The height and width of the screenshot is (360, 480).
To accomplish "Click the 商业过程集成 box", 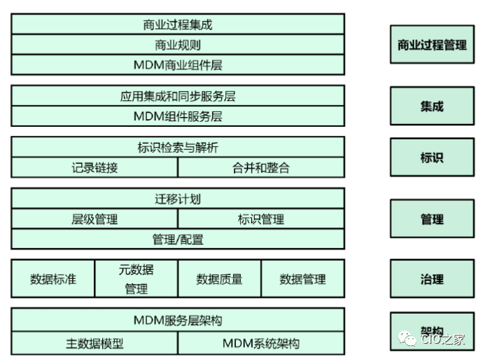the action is (x=178, y=25).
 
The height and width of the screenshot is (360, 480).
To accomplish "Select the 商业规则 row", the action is (x=178, y=44).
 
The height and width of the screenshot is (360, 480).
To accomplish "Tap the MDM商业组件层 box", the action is (x=178, y=64).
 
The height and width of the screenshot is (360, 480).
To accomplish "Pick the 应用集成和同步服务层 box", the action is (x=178, y=96).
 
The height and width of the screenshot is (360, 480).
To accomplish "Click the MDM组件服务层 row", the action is (x=178, y=116).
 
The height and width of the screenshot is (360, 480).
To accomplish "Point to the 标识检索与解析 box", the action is (x=178, y=147).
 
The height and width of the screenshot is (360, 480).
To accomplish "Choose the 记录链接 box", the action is (x=94, y=167).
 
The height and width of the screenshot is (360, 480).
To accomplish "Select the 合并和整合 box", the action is (x=261, y=167).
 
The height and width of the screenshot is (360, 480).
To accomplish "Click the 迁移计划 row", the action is (x=178, y=198).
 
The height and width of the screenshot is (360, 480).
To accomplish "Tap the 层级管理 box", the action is (x=94, y=219).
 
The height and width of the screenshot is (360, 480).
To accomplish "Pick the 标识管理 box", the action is (x=261, y=219).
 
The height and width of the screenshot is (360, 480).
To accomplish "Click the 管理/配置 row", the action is (x=178, y=239).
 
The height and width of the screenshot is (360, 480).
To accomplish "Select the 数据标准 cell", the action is (x=53, y=279).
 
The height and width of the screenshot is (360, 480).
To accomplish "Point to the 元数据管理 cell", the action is (x=136, y=279).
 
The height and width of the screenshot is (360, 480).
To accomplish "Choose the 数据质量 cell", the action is (x=220, y=279).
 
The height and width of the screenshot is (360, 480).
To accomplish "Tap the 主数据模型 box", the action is (x=94, y=343).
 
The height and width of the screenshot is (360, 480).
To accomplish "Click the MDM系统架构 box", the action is (x=261, y=343).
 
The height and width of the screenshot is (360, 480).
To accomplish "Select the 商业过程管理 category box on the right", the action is (x=432, y=44).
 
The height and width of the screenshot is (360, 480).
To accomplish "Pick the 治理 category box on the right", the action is (x=432, y=279).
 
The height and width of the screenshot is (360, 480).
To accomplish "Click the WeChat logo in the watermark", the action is (x=407, y=339).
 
